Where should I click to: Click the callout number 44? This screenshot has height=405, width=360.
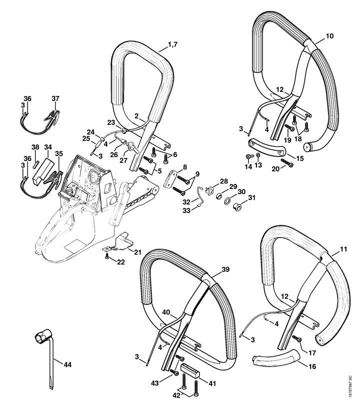[67, 364]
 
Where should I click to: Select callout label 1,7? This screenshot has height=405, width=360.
[173, 44]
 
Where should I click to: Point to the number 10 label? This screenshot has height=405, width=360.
[329, 36]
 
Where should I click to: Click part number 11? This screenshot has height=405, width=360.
[343, 249]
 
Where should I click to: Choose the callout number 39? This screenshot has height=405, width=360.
[225, 269]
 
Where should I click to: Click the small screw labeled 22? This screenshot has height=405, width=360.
[106, 255]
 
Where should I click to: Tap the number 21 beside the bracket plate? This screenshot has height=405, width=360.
[137, 252]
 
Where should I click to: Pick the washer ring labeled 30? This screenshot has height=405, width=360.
[228, 200]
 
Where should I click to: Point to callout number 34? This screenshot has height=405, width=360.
[48, 147]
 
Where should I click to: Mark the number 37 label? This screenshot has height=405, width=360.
[55, 98]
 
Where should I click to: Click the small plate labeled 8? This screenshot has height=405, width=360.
[170, 177]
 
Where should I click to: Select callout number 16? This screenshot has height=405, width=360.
[312, 366]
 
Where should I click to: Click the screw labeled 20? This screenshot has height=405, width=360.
[287, 162]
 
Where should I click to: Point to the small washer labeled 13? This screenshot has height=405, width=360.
[257, 155]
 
